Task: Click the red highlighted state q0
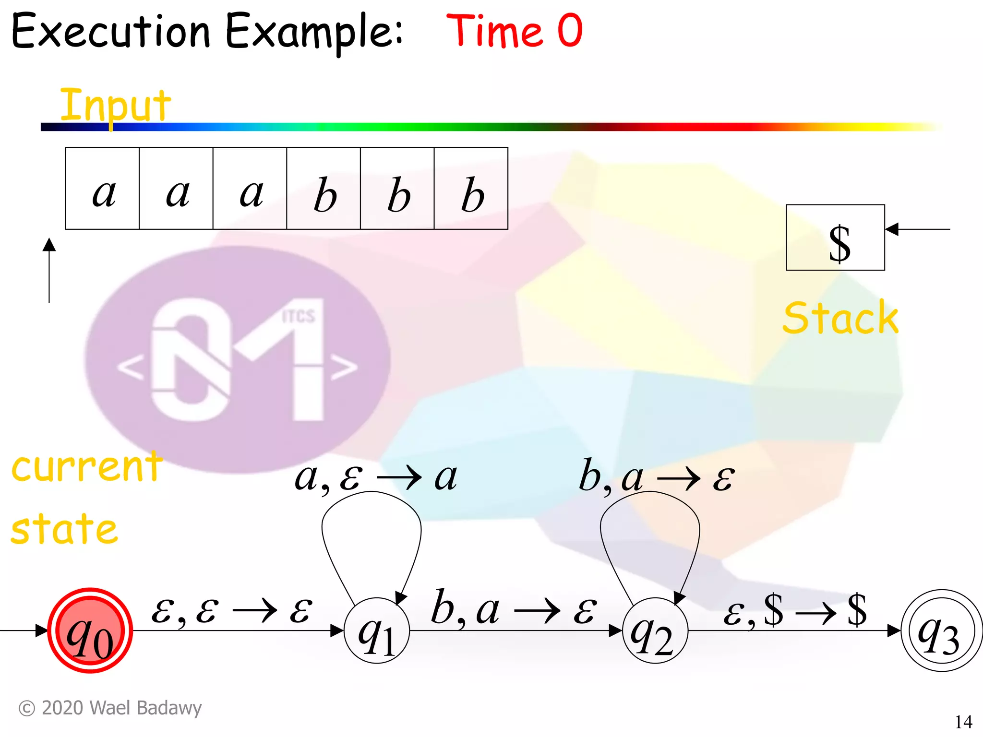coord(90,630)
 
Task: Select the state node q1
coord(377,630)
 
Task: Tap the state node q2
coord(655,630)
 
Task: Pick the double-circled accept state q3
coord(941,630)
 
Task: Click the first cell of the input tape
coord(103,189)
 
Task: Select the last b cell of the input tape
coord(471,189)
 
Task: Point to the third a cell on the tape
coord(250,189)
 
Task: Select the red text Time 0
coord(514,31)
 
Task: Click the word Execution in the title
coord(111,32)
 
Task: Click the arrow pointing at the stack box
coord(917,229)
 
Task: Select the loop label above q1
coord(375,478)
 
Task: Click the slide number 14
coord(963,722)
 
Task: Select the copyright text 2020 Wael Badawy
coord(110,708)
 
